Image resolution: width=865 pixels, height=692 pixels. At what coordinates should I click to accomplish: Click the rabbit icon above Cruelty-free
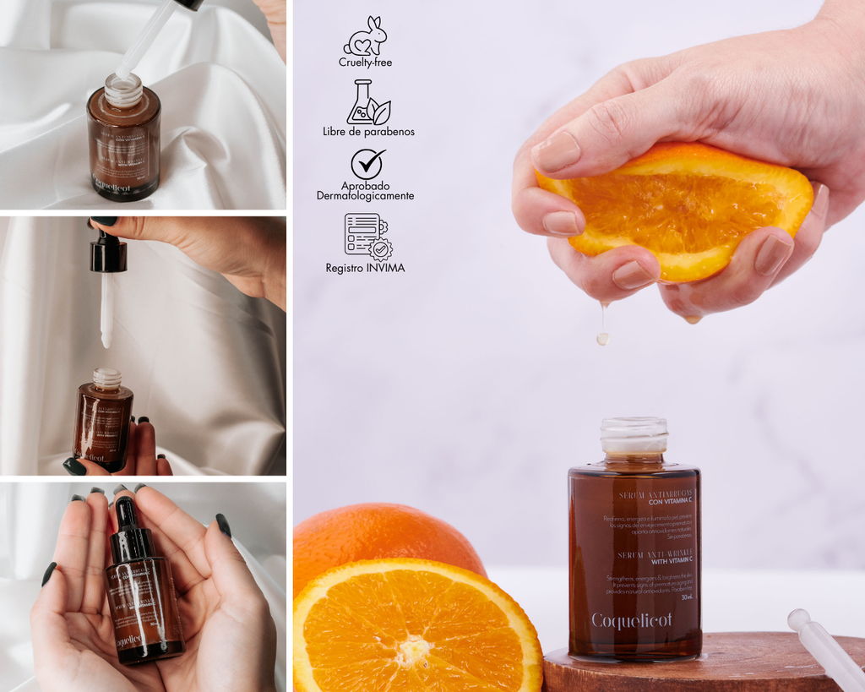tap(365, 36)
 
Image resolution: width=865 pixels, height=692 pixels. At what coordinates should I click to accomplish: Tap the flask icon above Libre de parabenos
tap(367, 102)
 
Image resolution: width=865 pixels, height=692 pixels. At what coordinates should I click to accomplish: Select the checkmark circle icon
tap(367, 163)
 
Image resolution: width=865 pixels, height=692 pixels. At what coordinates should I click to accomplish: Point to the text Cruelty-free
tap(365, 63)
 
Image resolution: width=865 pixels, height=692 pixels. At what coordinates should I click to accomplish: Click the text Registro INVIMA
tap(365, 268)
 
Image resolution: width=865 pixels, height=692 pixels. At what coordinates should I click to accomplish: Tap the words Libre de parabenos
tap(368, 132)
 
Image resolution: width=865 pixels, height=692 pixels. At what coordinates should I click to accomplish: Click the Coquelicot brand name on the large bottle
tap(632, 621)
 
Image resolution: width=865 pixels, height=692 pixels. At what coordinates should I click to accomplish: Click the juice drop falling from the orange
tap(602, 338)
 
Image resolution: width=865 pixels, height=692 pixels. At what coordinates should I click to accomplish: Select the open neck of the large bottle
tap(634, 434)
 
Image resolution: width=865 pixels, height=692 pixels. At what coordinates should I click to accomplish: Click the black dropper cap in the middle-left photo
tap(108, 253)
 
